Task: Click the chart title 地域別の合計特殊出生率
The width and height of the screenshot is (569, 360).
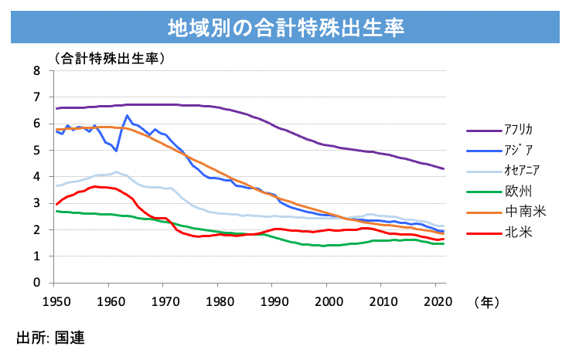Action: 284,29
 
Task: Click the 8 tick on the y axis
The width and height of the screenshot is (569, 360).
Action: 36,70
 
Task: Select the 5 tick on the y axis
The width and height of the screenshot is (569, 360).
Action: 36,150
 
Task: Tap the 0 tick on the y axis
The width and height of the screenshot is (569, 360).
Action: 36,283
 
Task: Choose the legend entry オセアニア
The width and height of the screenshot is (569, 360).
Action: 523,170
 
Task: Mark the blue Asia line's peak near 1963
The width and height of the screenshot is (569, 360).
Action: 127,116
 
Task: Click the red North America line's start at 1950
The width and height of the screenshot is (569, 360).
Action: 56,204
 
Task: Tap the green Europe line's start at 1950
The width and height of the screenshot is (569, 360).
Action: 56,211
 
